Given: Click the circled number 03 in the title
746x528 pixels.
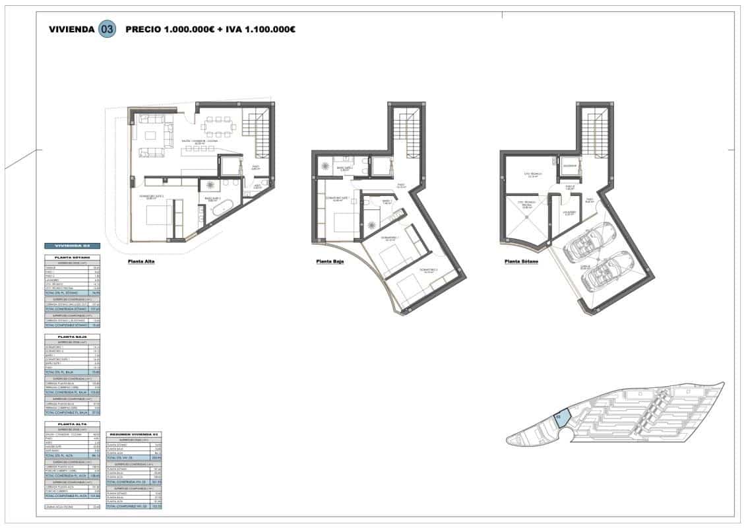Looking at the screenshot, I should [x=107, y=29].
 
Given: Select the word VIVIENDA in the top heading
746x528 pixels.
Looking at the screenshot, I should [x=72, y=29].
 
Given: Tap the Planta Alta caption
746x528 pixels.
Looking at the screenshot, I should [x=142, y=262].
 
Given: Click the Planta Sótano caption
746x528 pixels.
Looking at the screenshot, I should [x=522, y=262].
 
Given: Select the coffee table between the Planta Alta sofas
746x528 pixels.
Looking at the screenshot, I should [x=150, y=136].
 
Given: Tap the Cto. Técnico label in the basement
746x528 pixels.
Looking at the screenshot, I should [x=532, y=175].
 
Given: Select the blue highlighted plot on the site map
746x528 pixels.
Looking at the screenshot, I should [x=561, y=419].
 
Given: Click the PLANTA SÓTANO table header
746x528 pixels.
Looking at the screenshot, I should [x=72, y=257].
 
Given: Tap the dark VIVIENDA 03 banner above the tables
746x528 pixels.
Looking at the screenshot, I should [x=72, y=246].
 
